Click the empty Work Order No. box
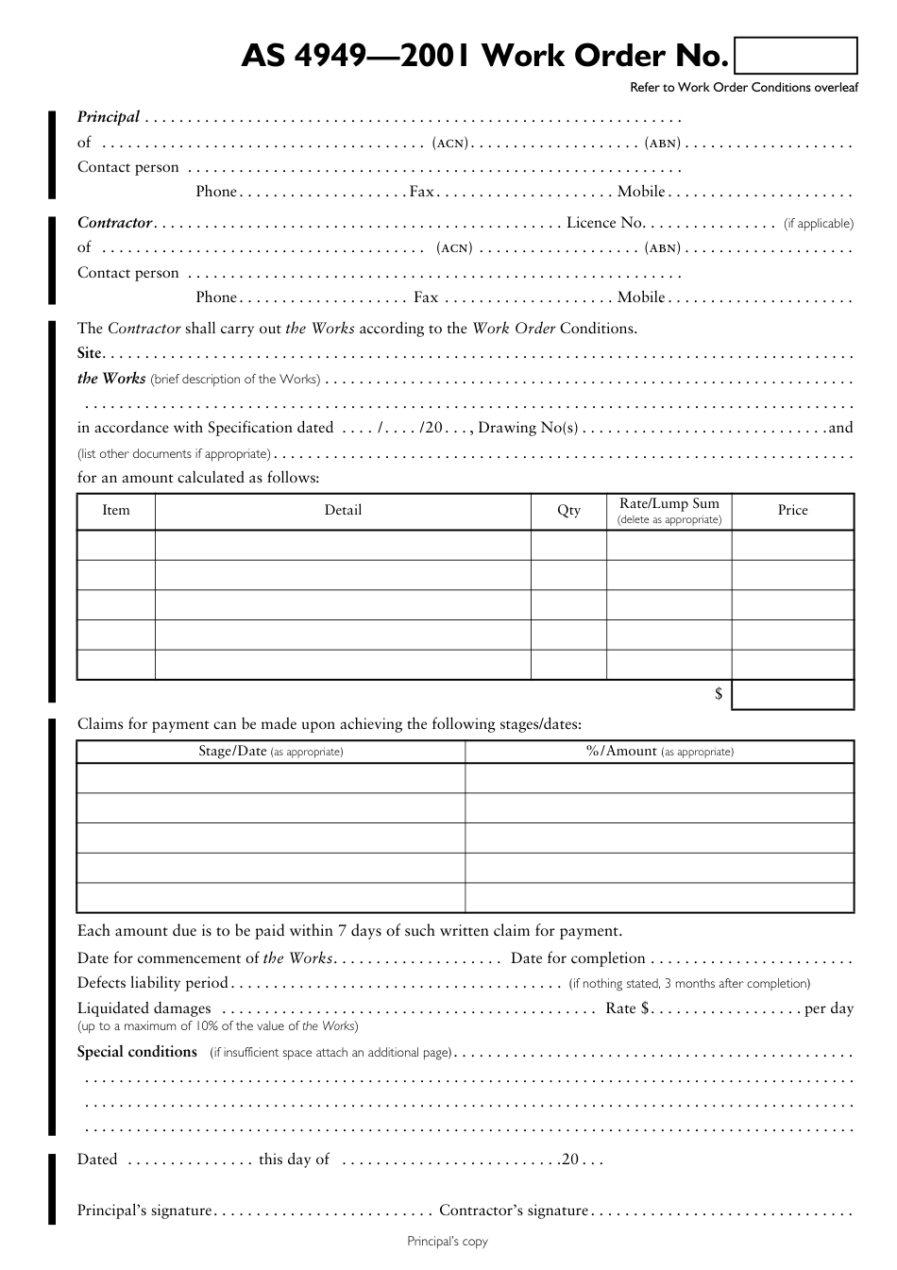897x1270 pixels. click(x=795, y=56)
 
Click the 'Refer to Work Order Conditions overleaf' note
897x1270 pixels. click(x=744, y=88)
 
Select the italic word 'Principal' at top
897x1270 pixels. click(x=109, y=117)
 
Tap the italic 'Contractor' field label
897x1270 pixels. click(x=114, y=223)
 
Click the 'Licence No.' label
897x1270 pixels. click(x=605, y=223)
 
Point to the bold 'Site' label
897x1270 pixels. click(x=89, y=353)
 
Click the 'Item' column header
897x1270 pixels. click(x=116, y=510)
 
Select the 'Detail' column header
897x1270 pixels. click(x=343, y=510)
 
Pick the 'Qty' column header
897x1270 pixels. click(x=568, y=510)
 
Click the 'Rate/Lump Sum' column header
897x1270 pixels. click(x=669, y=504)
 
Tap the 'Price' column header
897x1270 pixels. click(x=792, y=510)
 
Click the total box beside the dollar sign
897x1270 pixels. click(x=792, y=694)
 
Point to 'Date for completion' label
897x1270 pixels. click(x=578, y=958)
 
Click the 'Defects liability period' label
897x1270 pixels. click(x=153, y=983)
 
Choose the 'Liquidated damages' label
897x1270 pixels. click(x=144, y=1008)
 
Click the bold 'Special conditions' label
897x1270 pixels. click(x=137, y=1052)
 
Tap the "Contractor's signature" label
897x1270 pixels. click(x=514, y=1211)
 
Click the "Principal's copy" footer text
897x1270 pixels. click(x=448, y=1242)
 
